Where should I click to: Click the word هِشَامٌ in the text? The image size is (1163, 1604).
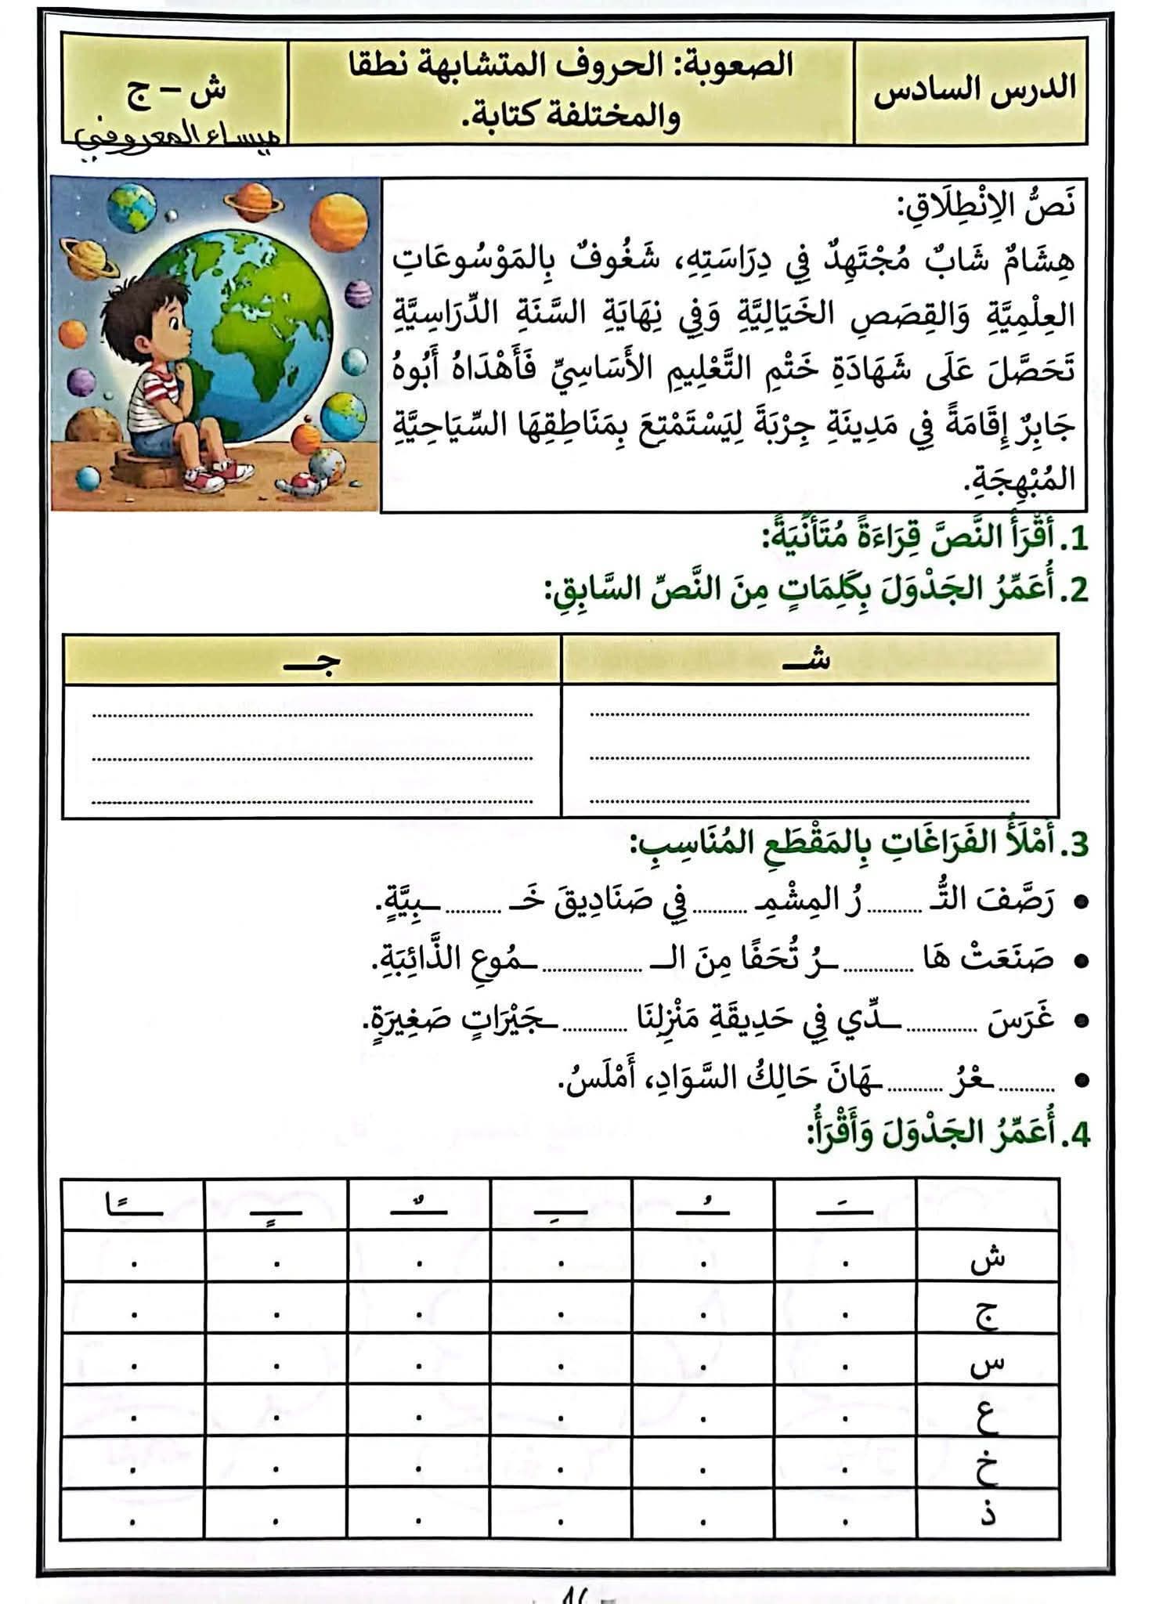point(1035,260)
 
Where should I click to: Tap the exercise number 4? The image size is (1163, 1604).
point(1078,1134)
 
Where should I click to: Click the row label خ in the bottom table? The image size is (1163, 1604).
point(987,1467)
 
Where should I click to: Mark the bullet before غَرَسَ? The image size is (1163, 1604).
point(1082,1021)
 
